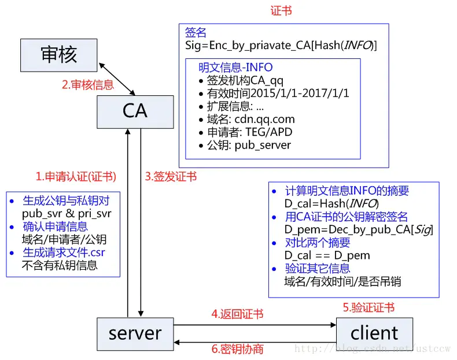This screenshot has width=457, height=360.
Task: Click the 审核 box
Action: (x=58, y=55)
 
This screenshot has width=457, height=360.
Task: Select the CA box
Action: (x=135, y=111)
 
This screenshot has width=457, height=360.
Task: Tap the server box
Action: (x=135, y=333)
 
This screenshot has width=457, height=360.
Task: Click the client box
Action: (x=374, y=333)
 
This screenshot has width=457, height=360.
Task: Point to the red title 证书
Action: (x=281, y=11)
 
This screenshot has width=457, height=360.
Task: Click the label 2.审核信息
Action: (x=88, y=85)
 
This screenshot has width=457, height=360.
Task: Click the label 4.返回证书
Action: (x=237, y=314)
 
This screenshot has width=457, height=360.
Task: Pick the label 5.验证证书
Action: (x=368, y=308)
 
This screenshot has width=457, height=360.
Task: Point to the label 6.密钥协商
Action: (x=237, y=349)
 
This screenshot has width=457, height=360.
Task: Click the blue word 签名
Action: (x=195, y=32)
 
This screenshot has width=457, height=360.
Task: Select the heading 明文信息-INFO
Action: (x=235, y=68)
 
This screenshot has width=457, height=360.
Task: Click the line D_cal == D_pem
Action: (x=327, y=255)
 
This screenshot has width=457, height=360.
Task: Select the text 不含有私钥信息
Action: (x=60, y=265)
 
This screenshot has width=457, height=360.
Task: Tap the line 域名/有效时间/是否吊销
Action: (x=342, y=282)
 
